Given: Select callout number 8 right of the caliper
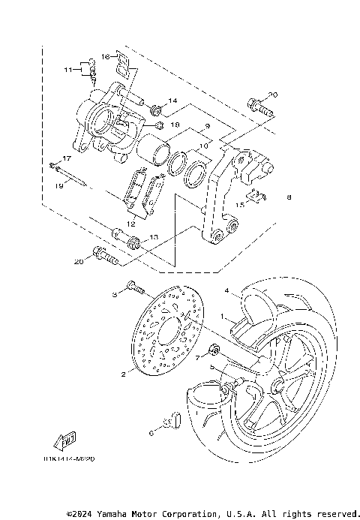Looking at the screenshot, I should coord(287,198).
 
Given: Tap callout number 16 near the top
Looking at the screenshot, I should coord(105,56).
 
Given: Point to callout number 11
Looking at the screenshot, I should coord(67,70).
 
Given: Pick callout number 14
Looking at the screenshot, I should coord(172,101).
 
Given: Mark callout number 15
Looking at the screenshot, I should coord(241,204).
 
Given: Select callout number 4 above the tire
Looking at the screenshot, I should coord(226,290).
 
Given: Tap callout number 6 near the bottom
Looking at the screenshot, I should coord(151,433).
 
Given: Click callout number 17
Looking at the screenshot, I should coord(67,158).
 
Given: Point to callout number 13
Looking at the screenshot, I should coord(154,237).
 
